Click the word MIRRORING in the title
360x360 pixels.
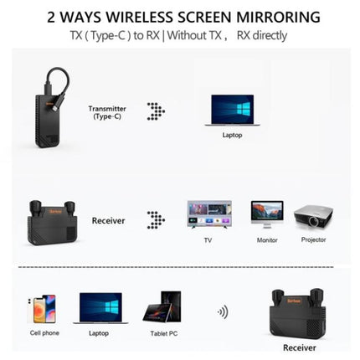click(278, 17)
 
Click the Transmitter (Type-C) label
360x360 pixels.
click(107, 112)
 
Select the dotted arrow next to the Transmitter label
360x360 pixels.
click(156, 111)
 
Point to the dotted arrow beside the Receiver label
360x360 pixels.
click(156, 220)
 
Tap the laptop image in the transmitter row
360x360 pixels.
click(232, 111)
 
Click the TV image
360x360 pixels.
click(209, 214)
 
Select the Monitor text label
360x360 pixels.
click(267, 240)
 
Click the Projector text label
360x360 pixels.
click(313, 239)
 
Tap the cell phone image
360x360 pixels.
click(42, 309)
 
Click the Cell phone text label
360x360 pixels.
click(44, 333)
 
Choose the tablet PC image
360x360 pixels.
click(162, 306)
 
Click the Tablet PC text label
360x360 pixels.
click(164, 333)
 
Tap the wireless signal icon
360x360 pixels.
click(223, 311)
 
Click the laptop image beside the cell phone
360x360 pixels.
click(100, 308)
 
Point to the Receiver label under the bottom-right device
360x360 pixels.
click(300, 347)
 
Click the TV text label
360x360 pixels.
click(208, 240)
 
